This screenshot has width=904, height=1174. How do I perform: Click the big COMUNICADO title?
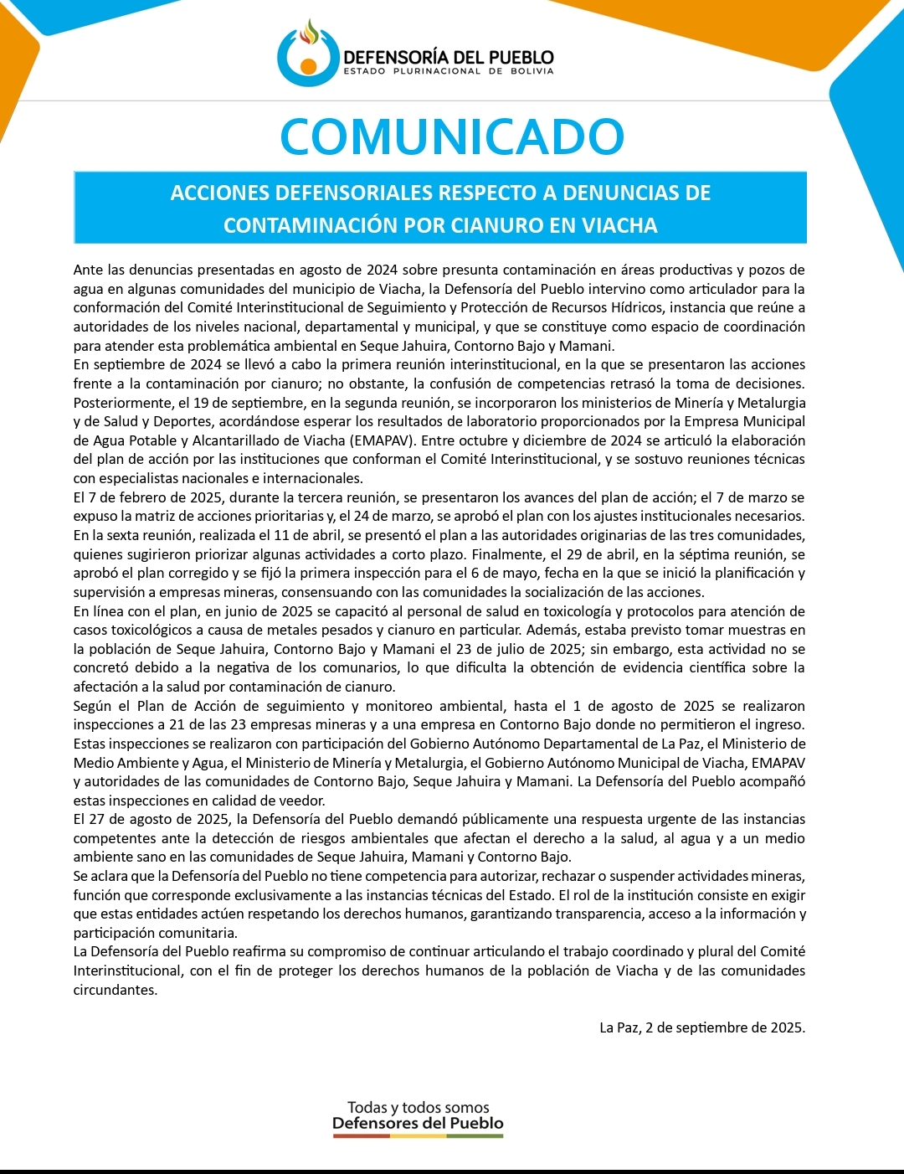coord(452,136)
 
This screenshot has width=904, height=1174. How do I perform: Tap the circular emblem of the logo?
coord(308,56)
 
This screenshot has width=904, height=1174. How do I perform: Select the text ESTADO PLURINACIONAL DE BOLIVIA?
coord(449,72)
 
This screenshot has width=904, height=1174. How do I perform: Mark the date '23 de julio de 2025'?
coord(524,649)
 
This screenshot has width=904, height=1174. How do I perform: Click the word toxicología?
coord(555,611)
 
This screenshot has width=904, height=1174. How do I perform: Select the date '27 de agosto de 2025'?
coord(158,819)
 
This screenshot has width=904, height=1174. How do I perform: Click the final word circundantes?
coord(116,990)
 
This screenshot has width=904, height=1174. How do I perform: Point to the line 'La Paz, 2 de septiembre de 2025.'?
coord(701,1027)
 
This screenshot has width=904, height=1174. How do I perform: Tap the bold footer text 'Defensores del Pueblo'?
coord(418,1124)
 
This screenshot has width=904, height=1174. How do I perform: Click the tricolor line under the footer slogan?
coord(418,1136)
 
